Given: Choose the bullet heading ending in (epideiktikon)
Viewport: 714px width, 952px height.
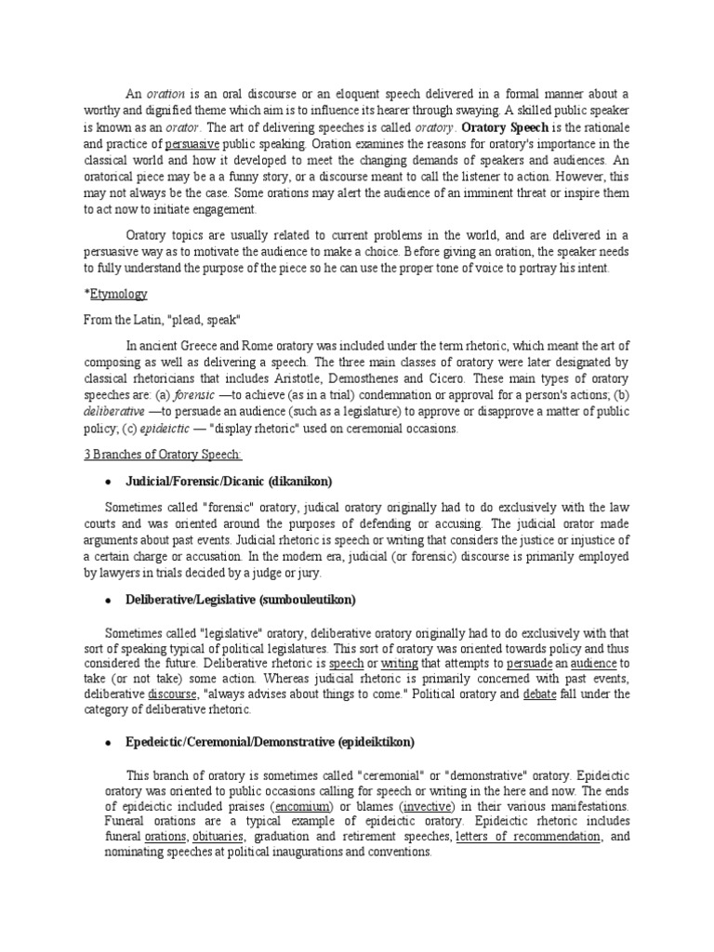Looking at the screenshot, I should pyautogui.click(x=270, y=742).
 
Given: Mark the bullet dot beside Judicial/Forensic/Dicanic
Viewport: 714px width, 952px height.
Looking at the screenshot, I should pyautogui.click(x=109, y=482).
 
